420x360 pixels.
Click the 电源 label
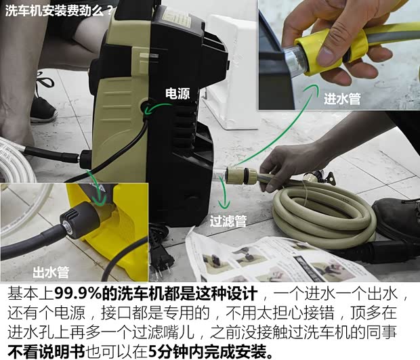[178, 94]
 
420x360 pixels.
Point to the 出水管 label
[51, 273]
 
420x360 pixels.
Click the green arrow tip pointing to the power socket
[146, 107]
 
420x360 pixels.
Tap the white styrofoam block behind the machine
[230, 68]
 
